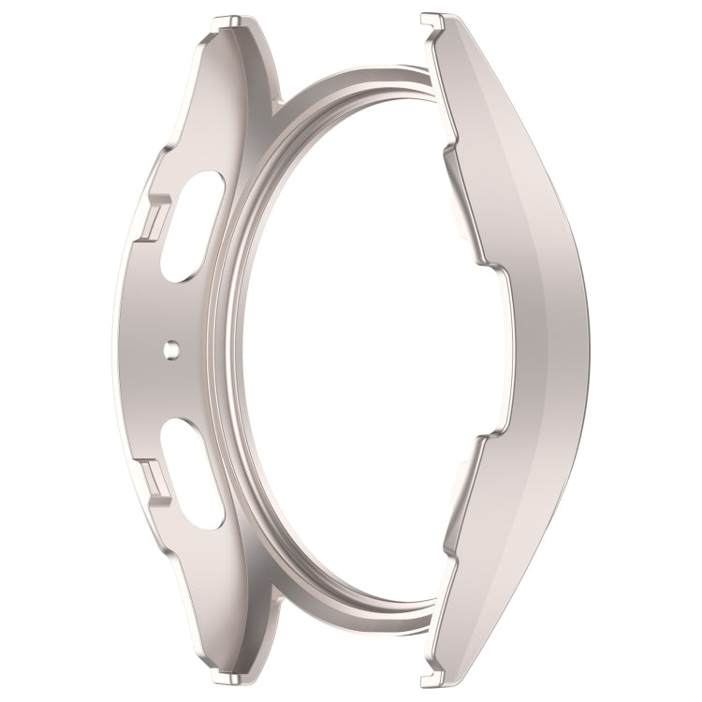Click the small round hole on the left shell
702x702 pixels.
point(170,349)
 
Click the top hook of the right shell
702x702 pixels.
point(432,20)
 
